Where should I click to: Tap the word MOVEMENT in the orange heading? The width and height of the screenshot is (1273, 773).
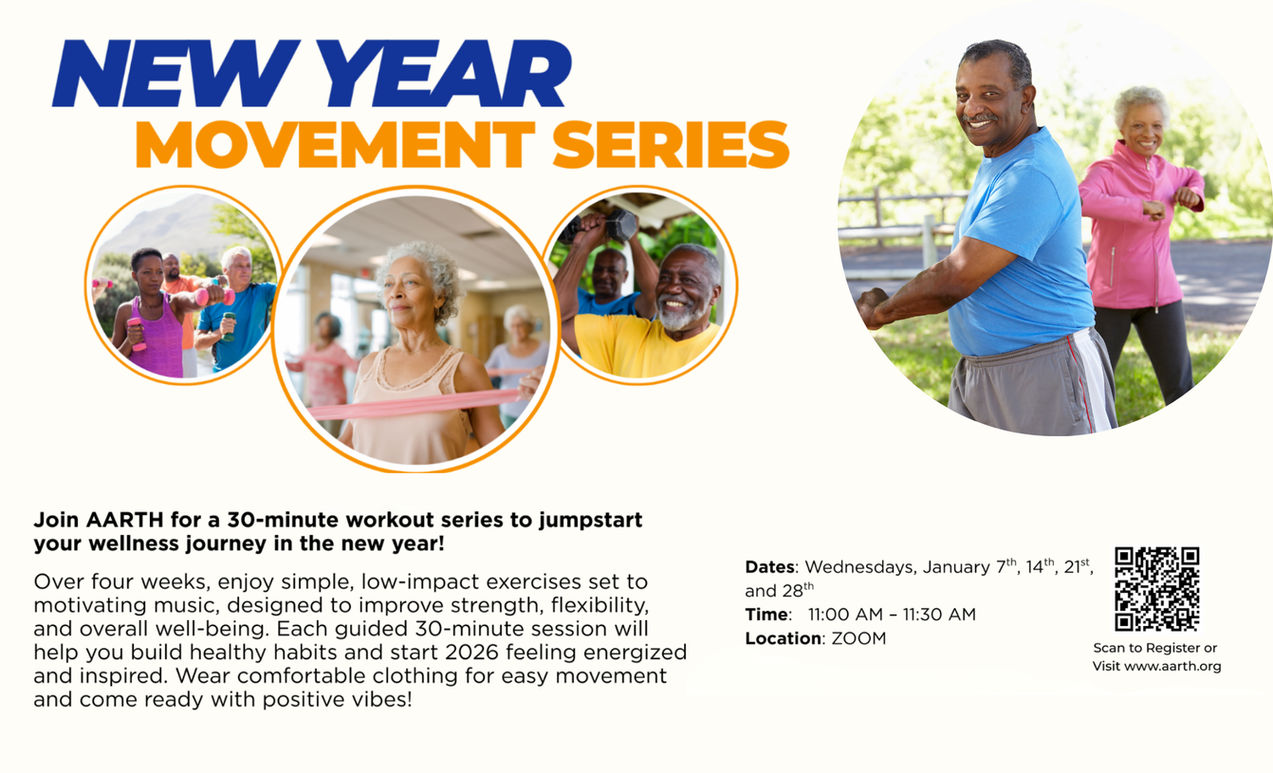pyautogui.click(x=335, y=145)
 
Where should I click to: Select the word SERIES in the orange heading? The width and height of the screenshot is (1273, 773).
pyautogui.click(x=671, y=145)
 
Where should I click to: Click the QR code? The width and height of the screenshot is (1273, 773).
pyautogui.click(x=1157, y=589)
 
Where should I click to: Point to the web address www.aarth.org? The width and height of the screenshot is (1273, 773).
pyautogui.click(x=1172, y=666)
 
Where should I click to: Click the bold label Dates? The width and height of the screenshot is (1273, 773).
pyautogui.click(x=769, y=566)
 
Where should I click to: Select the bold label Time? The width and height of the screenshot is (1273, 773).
pyautogui.click(x=766, y=615)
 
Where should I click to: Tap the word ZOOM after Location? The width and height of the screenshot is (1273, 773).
pyautogui.click(x=858, y=638)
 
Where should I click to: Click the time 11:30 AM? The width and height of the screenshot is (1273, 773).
pyautogui.click(x=939, y=615)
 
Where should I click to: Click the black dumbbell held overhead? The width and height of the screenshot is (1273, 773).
pyautogui.click(x=621, y=225)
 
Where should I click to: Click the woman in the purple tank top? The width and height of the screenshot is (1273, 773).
pyautogui.click(x=149, y=316)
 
